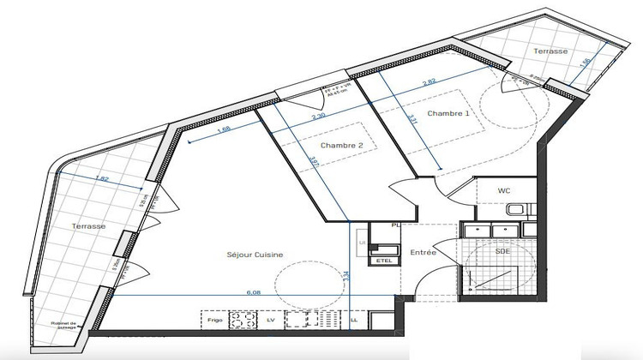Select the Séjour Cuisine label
pyautogui.click(x=255, y=255)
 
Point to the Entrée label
pyautogui.click(x=423, y=253)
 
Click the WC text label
pyautogui.click(x=504, y=190)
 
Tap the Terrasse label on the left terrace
pyautogui.click(x=89, y=225)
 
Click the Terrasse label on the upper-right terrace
pyautogui.click(x=550, y=51)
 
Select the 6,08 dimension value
pyautogui.click(x=254, y=292)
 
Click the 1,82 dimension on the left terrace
pyautogui.click(x=100, y=179)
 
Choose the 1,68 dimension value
pyautogui.click(x=224, y=130)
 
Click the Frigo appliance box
pyautogui.click(x=216, y=320)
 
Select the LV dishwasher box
pyautogui.click(x=270, y=320)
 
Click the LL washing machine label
pyautogui.click(x=354, y=320)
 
